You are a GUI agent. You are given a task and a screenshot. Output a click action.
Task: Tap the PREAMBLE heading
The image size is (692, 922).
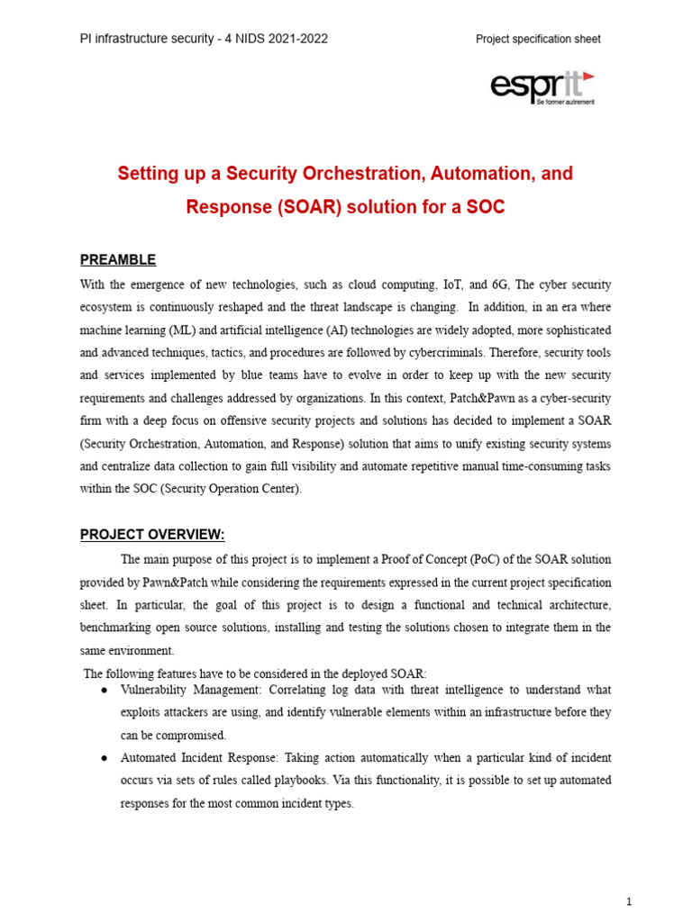point(118,260)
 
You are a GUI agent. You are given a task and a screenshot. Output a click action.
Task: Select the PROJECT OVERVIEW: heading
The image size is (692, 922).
point(152,535)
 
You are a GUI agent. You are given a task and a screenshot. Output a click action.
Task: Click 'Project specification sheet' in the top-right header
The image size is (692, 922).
point(538,39)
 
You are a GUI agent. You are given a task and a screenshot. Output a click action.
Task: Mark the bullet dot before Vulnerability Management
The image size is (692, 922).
point(105,690)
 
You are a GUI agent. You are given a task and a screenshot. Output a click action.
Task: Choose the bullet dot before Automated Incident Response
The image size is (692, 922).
point(105,758)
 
